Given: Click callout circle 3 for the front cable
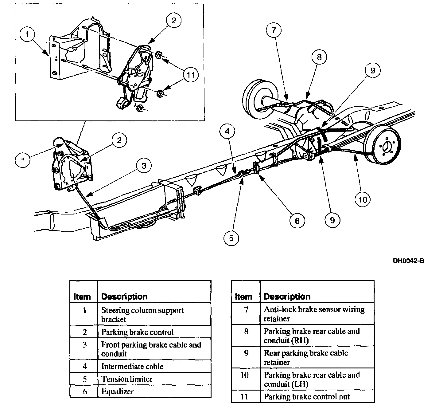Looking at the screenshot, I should pyautogui.click(x=144, y=166).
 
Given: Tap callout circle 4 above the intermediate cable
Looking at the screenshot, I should pyautogui.click(x=227, y=131).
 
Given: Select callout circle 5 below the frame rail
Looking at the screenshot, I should pyautogui.click(x=231, y=238).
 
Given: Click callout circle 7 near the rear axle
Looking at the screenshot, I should pyautogui.click(x=274, y=30).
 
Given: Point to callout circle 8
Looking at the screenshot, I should pyautogui.click(x=319, y=57).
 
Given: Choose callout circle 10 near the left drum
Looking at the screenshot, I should pyautogui.click(x=363, y=200).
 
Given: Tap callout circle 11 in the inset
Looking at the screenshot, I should pyautogui.click(x=191, y=75).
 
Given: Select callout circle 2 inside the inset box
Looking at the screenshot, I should pyautogui.click(x=174, y=21).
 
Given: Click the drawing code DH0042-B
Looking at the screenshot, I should pyautogui.click(x=409, y=261).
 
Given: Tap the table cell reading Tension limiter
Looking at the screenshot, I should pyautogui.click(x=127, y=379).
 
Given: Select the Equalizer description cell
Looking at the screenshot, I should pyautogui.click(x=118, y=392).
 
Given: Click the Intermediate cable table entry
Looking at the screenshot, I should pyautogui.click(x=132, y=366).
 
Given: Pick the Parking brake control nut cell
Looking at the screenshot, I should pyautogui.click(x=307, y=397).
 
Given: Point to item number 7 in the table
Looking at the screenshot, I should pyautogui.click(x=246, y=310).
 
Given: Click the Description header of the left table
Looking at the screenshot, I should pyautogui.click(x=124, y=297).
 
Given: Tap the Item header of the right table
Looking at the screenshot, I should pyautogui.click(x=243, y=297).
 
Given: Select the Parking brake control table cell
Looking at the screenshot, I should pyautogui.click(x=138, y=332).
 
